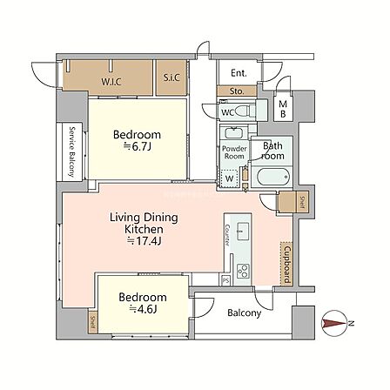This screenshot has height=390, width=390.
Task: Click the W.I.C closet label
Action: tap(111, 82)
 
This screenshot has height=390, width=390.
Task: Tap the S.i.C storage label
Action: tap(171, 77)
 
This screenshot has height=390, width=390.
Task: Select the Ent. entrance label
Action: tap(239, 73)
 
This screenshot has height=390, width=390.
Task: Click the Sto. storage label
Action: tap(237, 91)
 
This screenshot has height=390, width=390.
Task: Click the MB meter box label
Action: tap(283, 109)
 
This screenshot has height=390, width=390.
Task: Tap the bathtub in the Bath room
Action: tap(271, 177)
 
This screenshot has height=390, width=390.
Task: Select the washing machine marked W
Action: tap(230, 178)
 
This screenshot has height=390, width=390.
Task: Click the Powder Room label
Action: tap(234, 152)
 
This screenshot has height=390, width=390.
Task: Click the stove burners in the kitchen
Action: tap(243, 272)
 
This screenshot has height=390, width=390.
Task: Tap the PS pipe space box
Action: tap(225, 280)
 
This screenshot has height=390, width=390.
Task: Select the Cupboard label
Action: tap(287, 265)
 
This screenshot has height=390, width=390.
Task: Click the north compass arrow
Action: tap(334, 324)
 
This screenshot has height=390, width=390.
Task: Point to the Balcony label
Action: tap(245, 313)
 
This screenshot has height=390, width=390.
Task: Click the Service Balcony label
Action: tap(71, 151)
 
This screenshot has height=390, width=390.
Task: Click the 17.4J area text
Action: tap(145, 241)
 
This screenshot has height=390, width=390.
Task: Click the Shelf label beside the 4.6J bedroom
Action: tap(93, 322)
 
